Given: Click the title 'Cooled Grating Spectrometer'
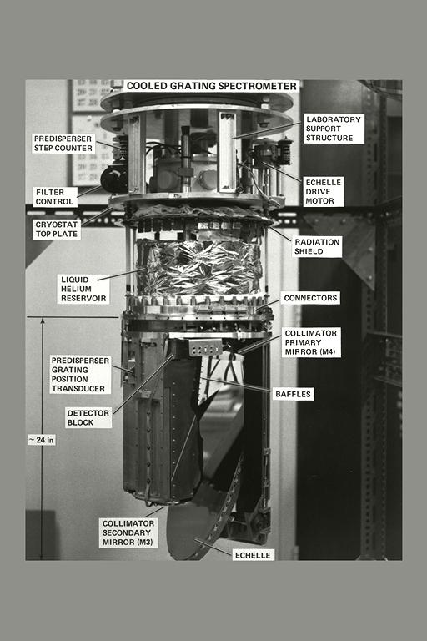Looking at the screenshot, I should click(x=211, y=86).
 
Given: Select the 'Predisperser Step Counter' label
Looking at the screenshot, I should click(x=63, y=143).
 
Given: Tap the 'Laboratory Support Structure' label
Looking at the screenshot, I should click(x=333, y=129).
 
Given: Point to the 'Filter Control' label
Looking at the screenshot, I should click(x=55, y=197).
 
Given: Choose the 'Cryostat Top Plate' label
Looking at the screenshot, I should click(x=58, y=230).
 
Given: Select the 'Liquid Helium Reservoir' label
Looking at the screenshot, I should click(x=84, y=289).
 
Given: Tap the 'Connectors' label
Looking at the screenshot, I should click(x=310, y=298).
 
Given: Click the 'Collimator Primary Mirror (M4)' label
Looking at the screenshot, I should click(x=311, y=342).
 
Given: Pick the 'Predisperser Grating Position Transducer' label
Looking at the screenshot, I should click(x=78, y=374).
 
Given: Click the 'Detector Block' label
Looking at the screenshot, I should click(x=88, y=417).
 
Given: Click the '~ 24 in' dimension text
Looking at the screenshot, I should click(x=41, y=440).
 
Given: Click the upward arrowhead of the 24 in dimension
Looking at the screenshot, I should click(x=41, y=322).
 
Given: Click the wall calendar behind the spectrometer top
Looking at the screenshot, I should click(x=90, y=96).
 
